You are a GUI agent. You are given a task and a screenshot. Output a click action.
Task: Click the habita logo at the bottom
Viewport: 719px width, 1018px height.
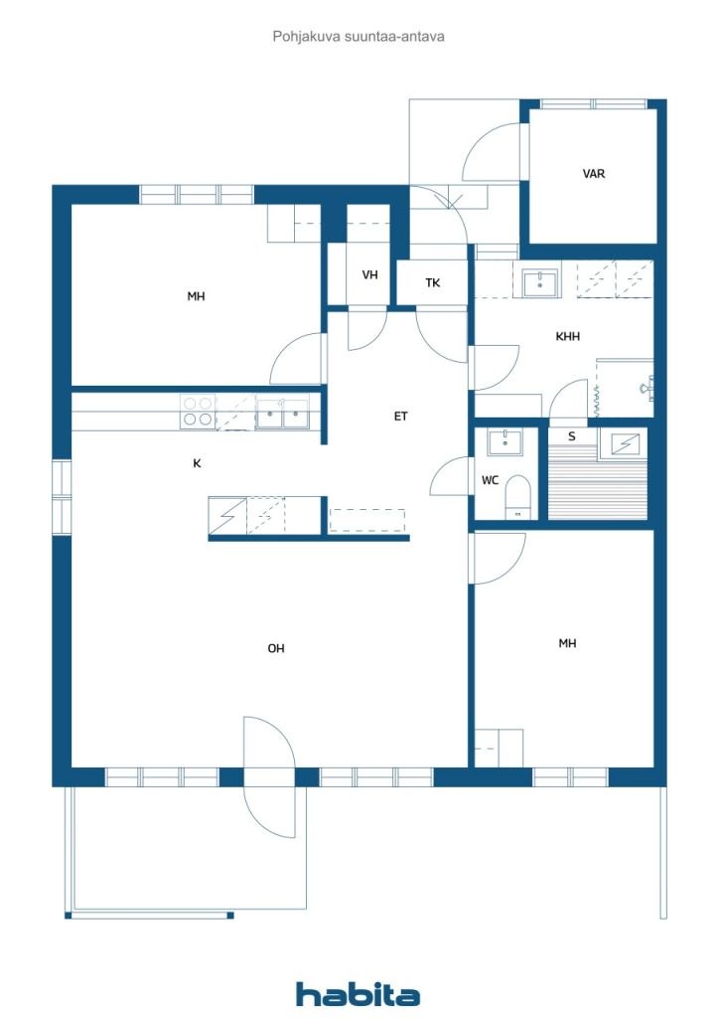click(358, 994)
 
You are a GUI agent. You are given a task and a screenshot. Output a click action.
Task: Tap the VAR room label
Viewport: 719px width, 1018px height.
click(593, 174)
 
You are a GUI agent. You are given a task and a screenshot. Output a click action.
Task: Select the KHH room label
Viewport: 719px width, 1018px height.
click(567, 336)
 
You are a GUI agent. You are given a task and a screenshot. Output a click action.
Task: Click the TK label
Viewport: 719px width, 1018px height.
click(432, 282)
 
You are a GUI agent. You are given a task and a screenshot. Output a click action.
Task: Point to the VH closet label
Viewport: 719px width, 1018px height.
click(369, 274)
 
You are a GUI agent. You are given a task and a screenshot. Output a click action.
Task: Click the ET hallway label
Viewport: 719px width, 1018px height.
click(400, 417)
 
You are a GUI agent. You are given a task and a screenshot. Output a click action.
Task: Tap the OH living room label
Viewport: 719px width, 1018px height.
click(275, 648)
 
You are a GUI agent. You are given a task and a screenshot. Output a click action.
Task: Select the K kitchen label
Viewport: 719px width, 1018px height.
click(197, 463)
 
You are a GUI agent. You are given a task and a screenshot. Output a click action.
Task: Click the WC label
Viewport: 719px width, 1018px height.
click(490, 480)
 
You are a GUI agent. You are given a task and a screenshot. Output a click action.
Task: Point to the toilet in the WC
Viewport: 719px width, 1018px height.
click(517, 497)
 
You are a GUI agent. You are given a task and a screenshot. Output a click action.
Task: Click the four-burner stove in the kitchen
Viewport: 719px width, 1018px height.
click(198, 412)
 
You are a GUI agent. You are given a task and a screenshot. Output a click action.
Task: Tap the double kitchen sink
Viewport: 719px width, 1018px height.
click(282, 414)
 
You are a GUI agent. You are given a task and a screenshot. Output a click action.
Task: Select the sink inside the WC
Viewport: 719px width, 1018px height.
click(504, 442)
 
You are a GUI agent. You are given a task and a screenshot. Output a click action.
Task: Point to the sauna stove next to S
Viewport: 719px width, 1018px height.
click(621, 444)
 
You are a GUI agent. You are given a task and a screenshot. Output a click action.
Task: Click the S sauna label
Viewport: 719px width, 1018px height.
click(571, 436)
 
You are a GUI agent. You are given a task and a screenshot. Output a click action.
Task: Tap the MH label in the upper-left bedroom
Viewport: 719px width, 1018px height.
click(196, 296)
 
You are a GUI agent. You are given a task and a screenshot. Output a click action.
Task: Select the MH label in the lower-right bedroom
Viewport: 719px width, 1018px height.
click(567, 643)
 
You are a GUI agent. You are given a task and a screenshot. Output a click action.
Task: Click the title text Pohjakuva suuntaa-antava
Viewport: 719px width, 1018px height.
click(359, 37)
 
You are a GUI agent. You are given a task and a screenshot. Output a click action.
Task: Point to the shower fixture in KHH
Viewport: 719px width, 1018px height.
click(647, 388)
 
